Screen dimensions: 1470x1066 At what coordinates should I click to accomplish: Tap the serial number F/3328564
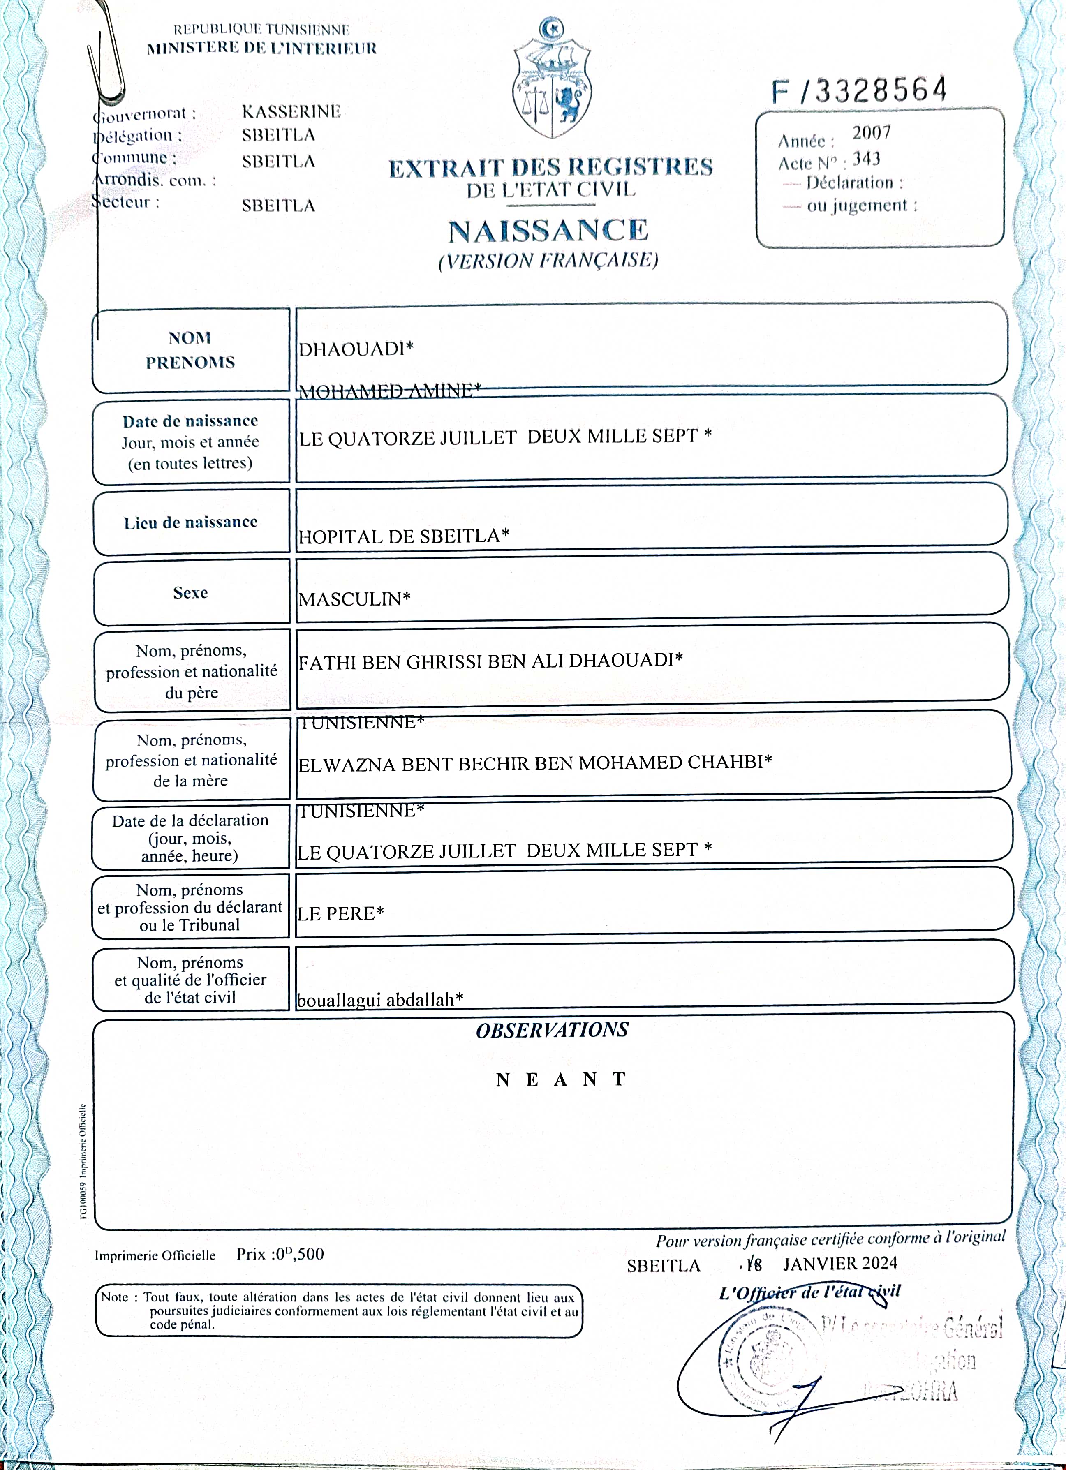click(x=859, y=91)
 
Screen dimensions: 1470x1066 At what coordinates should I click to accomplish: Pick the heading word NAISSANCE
click(x=548, y=231)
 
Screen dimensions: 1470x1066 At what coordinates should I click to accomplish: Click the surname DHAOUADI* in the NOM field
click(x=356, y=349)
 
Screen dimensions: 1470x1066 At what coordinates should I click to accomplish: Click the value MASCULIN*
click(x=354, y=599)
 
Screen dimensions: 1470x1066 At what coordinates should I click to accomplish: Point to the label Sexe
click(x=190, y=592)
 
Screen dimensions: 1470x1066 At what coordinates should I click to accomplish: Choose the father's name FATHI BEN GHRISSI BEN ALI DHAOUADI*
click(x=490, y=661)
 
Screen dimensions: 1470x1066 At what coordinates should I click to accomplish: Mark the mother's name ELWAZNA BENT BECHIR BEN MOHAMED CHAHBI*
click(x=534, y=763)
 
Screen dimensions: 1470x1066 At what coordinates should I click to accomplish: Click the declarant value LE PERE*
click(x=341, y=914)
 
